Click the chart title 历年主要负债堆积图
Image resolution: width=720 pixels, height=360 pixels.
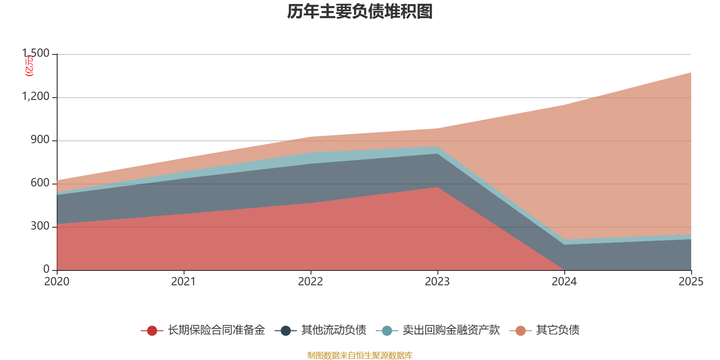coord(360,12)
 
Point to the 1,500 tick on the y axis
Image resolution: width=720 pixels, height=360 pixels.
coord(36,54)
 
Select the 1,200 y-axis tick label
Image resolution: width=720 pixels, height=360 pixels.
coord(36,97)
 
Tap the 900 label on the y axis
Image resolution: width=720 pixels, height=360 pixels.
coord(40,140)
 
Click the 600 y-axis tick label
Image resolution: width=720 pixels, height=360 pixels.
coord(40,183)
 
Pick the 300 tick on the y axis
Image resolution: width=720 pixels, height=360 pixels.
coord(40,226)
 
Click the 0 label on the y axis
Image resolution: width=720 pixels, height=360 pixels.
coord(46,269)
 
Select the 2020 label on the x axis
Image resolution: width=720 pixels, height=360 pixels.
coord(57,282)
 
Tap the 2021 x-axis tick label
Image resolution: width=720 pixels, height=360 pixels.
coord(184,282)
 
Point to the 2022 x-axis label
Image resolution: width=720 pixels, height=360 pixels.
coord(310,282)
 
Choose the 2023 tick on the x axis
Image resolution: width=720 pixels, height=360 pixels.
coord(437,282)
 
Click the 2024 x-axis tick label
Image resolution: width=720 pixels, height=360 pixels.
coord(564,282)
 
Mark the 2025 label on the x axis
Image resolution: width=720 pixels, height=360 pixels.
coord(690,282)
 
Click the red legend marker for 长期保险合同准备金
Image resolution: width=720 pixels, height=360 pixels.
coord(152,331)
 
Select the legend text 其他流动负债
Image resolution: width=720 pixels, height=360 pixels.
coord(333,330)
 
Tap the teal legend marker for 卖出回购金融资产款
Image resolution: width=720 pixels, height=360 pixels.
coord(387,331)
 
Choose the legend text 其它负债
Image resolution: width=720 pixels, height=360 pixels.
coord(558,330)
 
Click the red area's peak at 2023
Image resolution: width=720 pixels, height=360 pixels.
coord(437,187)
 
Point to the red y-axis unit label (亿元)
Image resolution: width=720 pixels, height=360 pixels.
coord(29,66)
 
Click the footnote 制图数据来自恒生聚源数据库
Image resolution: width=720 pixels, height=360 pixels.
coord(360,355)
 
